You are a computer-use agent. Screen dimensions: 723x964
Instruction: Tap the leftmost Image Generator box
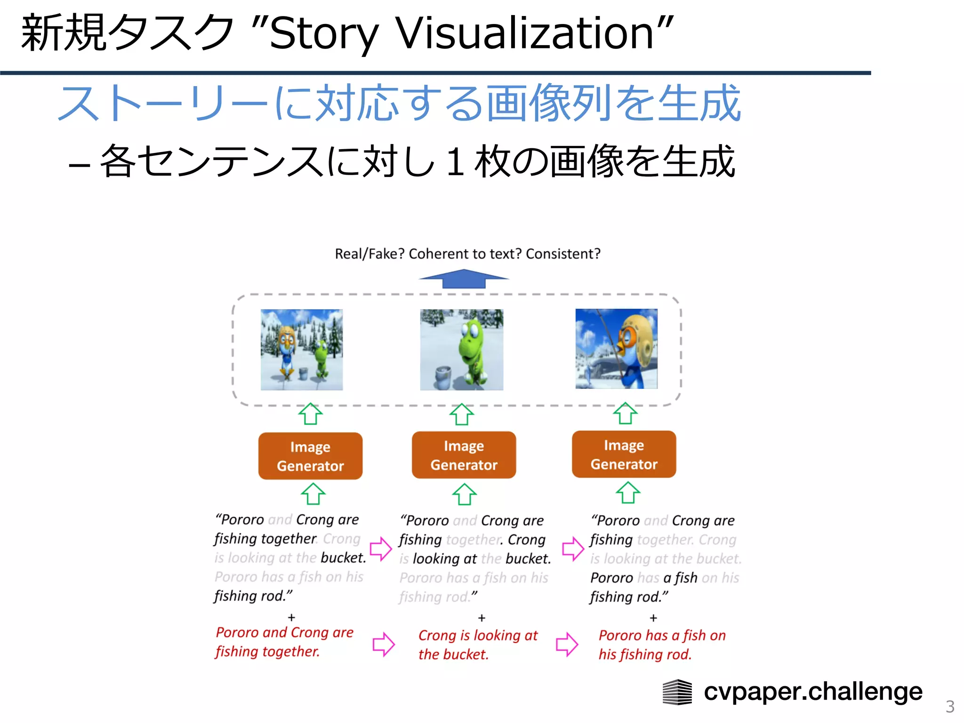[x=310, y=456]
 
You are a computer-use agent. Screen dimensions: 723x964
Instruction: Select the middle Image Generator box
[x=464, y=455]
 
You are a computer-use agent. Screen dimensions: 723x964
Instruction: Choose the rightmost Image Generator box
[x=624, y=454]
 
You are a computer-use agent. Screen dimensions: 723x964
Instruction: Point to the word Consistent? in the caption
[x=563, y=254]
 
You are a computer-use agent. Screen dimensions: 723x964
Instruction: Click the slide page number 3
[x=950, y=707]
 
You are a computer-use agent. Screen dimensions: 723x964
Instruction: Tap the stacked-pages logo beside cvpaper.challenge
[x=677, y=692]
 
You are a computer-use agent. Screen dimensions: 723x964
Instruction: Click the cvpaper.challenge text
[x=813, y=691]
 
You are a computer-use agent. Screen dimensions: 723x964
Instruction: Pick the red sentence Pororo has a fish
[x=661, y=644]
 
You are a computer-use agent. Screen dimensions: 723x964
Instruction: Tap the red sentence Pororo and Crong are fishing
[x=284, y=642]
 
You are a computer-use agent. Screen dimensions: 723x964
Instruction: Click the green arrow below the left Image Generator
[x=313, y=494]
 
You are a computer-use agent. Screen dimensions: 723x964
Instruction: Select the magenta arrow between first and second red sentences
[x=383, y=644]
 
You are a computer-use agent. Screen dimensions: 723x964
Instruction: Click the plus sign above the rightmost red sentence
[x=653, y=618]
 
